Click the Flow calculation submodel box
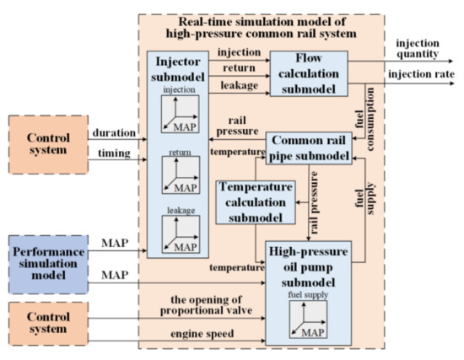(x=308, y=73)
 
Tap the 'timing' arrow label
(x=110, y=154)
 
